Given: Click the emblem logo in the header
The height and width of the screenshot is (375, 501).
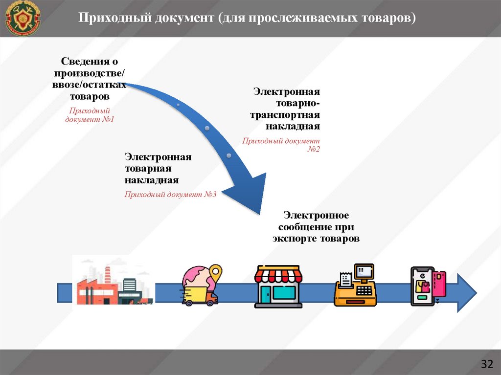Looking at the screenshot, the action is click(23, 18).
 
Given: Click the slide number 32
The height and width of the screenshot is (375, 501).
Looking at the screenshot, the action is click(487, 364).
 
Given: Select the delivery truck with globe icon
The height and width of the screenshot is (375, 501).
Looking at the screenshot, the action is click(201, 286).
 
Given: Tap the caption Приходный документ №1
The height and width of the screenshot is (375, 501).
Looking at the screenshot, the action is click(90, 115).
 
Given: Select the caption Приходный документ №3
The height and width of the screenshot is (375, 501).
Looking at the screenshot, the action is click(170, 194).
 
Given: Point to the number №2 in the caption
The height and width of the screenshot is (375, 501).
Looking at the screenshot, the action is click(313, 149).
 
